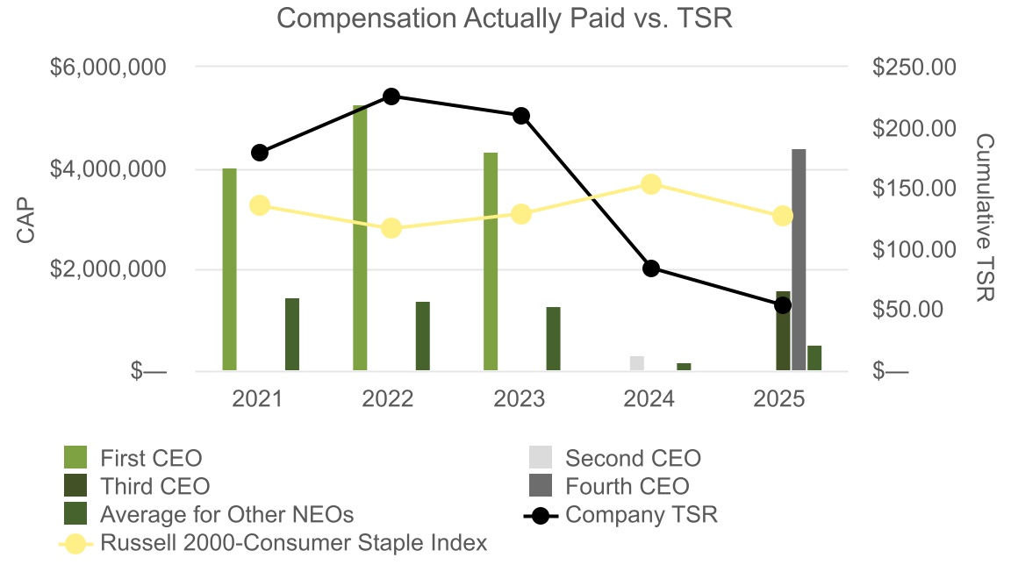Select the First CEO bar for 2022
pos(360,238)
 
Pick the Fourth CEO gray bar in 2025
pos(799,260)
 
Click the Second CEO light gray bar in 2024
pos(637,363)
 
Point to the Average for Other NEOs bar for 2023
pos(553,339)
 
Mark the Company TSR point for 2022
pos(391,97)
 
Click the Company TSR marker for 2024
pos(651,268)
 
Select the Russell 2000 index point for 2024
pos(651,184)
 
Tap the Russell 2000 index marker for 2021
pos(260,205)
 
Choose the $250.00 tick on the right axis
pos(914,68)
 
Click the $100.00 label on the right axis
pos(914,250)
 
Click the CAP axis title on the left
pos(25,218)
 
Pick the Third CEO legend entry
pos(154,486)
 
